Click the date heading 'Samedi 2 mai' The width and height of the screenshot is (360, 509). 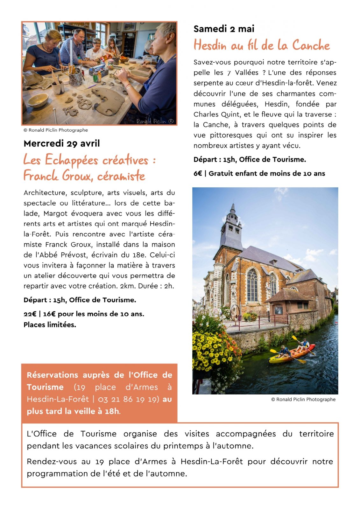coord(224,29)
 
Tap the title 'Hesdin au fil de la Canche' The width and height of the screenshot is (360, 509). coord(262,45)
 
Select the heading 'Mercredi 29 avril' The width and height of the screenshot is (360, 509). coord(61,143)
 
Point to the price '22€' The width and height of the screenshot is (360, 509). coord(30,314)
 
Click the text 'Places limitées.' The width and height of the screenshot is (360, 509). coord(50,325)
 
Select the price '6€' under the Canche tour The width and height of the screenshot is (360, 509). coord(198,173)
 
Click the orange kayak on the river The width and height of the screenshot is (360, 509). coord(291,353)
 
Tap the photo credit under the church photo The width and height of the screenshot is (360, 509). coord(303,400)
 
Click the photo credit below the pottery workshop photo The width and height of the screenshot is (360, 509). coord(56,130)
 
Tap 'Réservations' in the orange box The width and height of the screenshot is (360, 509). coord(52,375)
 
